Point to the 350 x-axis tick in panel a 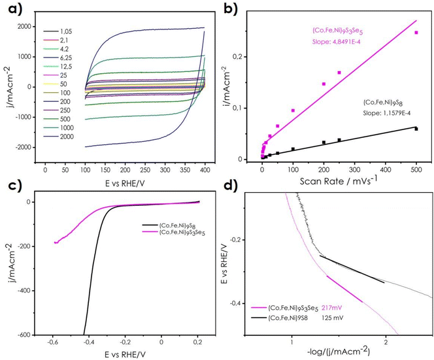pyautogui.click(x=185, y=170)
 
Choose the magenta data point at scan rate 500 pyautogui.click(x=416, y=33)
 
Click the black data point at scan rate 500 pyautogui.click(x=416, y=129)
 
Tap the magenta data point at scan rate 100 pyautogui.click(x=293, y=110)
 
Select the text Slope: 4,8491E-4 pyautogui.click(x=337, y=42)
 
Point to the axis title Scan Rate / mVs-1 pyautogui.click(x=338, y=181)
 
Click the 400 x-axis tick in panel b pyautogui.click(x=386, y=169)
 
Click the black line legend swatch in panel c pyautogui.click(x=150, y=225)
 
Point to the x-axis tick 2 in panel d pyautogui.click(x=386, y=342)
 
